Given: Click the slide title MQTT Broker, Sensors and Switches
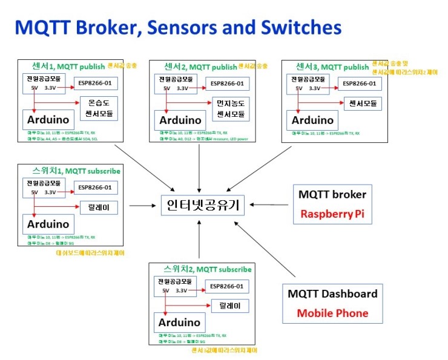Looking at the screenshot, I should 178,27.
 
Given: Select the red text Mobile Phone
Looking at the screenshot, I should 332,313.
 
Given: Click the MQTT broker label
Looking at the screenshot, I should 332,195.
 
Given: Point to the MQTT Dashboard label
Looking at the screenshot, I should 332,294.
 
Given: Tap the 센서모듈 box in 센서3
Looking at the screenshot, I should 363,104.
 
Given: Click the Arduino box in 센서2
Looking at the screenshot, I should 180,120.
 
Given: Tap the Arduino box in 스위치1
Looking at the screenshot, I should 50,223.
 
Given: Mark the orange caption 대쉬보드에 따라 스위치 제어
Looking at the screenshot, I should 91,252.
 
